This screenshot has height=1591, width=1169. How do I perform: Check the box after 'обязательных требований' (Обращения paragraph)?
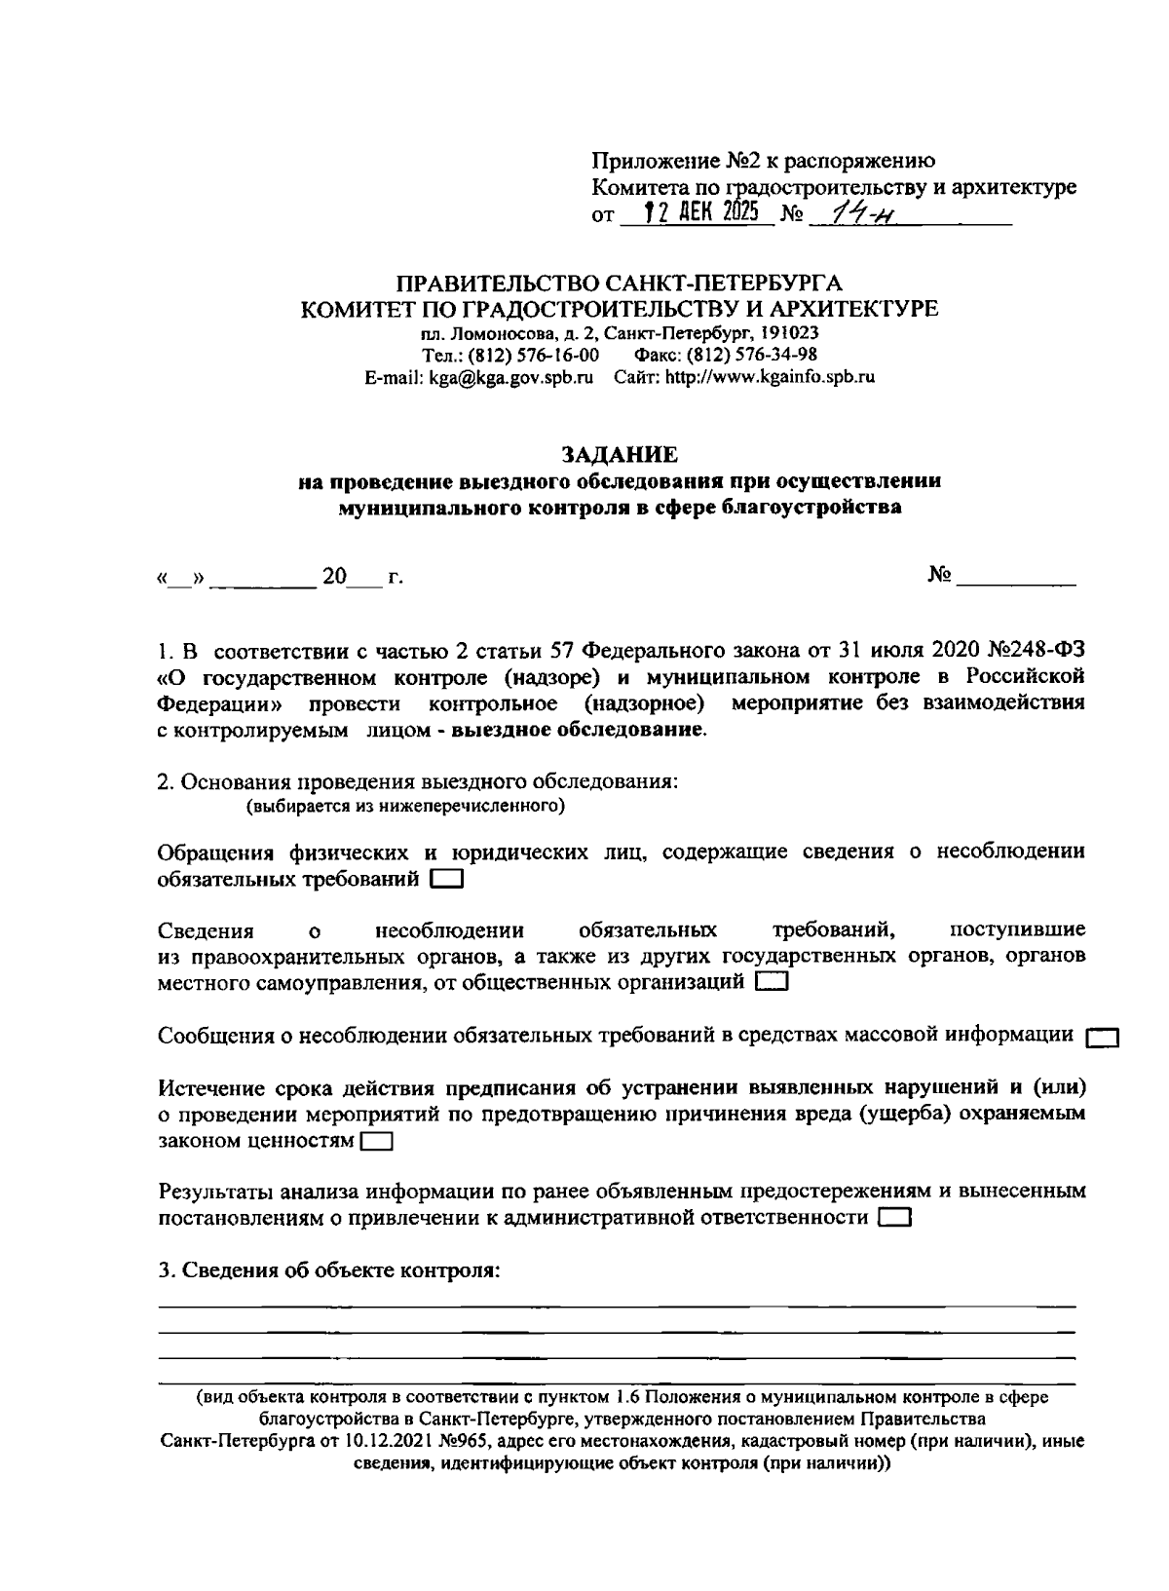click(x=446, y=880)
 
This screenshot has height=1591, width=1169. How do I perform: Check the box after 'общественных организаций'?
click(x=772, y=983)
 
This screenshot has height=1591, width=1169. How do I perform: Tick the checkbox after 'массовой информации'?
click(x=1101, y=1037)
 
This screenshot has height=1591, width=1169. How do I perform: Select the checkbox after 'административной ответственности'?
click(x=893, y=1218)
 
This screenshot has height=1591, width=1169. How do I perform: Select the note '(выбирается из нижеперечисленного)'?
click(x=406, y=807)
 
